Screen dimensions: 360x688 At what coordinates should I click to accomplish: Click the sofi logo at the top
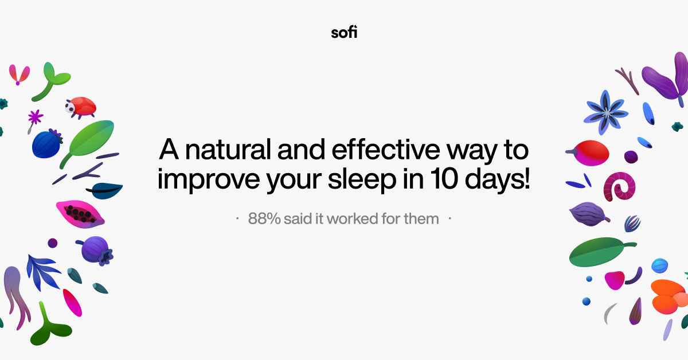tap(344, 32)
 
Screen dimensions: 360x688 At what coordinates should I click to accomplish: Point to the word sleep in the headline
tap(357, 180)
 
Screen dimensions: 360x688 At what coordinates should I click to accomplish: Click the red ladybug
tap(81, 107)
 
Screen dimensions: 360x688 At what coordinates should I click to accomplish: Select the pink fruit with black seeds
tap(80, 213)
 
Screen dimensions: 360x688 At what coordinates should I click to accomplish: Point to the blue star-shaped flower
tap(605, 112)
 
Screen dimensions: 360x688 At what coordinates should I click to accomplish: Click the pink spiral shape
tap(619, 186)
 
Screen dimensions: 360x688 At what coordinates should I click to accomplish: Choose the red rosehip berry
tap(589, 152)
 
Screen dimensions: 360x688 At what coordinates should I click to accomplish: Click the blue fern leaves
tap(44, 272)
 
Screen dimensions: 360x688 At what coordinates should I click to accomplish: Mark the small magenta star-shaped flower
tap(36, 117)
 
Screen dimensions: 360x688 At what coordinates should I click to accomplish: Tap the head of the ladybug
tap(71, 107)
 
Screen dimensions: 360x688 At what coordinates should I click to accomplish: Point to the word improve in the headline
tap(204, 180)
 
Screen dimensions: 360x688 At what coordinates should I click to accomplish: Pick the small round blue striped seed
tap(659, 265)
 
